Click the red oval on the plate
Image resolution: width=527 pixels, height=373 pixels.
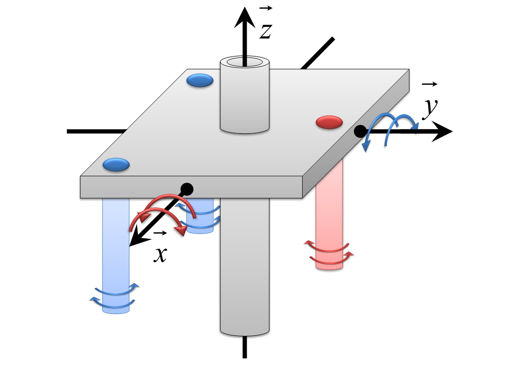[x=329, y=122]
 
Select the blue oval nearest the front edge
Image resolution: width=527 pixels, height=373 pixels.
[x=116, y=164]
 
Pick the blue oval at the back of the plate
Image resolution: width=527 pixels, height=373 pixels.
[x=200, y=81]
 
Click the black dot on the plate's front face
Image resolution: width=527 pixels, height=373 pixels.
[x=187, y=189]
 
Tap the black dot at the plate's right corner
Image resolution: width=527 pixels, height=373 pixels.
[x=360, y=131]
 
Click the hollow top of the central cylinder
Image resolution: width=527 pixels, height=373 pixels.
[x=245, y=62]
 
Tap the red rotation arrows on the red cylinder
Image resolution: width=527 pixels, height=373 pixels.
[x=329, y=252]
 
